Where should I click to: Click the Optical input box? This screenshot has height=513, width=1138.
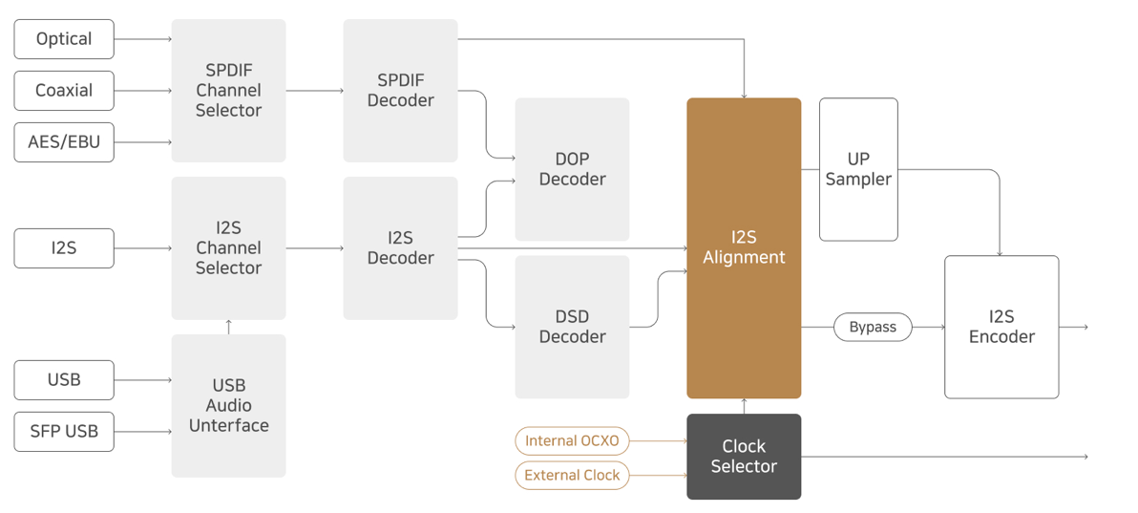[x=64, y=39]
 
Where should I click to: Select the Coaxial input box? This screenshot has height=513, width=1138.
[x=64, y=91]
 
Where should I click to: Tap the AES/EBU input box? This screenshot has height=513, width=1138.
[x=64, y=142]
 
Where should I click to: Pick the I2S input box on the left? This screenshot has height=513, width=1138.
[x=64, y=247]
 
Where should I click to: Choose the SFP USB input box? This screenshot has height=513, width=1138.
[x=64, y=432]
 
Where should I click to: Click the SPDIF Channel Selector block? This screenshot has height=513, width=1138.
[x=228, y=91]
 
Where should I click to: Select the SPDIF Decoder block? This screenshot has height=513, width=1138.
[x=401, y=91]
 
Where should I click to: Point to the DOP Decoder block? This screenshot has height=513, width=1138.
[x=573, y=169]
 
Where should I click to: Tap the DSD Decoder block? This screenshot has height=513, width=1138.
[x=573, y=327]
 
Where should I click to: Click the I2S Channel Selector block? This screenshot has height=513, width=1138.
[x=228, y=247]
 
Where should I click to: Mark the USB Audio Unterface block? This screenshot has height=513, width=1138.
[x=228, y=405]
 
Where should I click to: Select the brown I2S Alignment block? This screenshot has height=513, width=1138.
[x=744, y=247]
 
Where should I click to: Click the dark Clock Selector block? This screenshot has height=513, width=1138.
[x=744, y=457]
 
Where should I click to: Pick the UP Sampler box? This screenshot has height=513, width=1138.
[x=858, y=169]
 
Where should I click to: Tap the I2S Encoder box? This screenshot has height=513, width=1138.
[x=1001, y=327]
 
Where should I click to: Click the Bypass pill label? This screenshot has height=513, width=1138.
[x=873, y=327]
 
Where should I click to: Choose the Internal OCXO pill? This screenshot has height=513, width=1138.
[x=573, y=440]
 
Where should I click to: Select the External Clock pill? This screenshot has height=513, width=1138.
[x=573, y=476]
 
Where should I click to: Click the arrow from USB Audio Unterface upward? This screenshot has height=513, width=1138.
[x=228, y=327]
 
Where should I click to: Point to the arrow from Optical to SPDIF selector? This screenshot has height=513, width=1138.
[x=143, y=39]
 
